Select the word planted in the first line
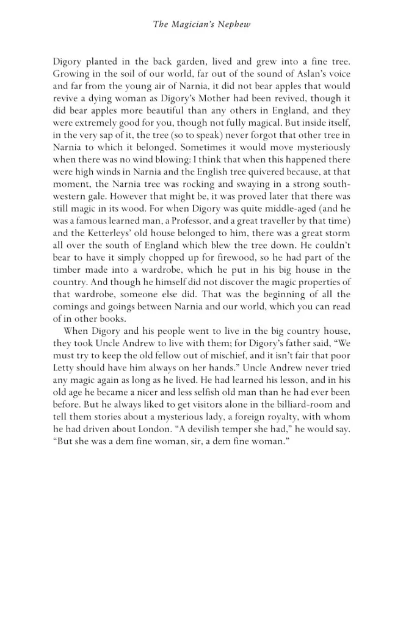point(103,62)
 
